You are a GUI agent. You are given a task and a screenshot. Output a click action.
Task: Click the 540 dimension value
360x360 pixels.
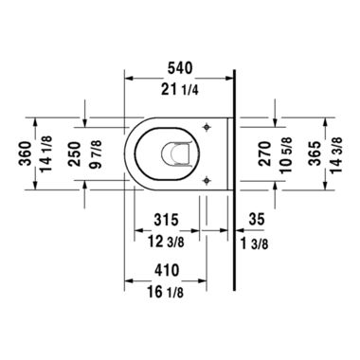click(x=180, y=70)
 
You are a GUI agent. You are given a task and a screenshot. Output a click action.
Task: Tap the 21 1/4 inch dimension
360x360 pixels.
click(x=180, y=91)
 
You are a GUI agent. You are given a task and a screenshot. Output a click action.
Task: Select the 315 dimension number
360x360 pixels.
click(x=167, y=220)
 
